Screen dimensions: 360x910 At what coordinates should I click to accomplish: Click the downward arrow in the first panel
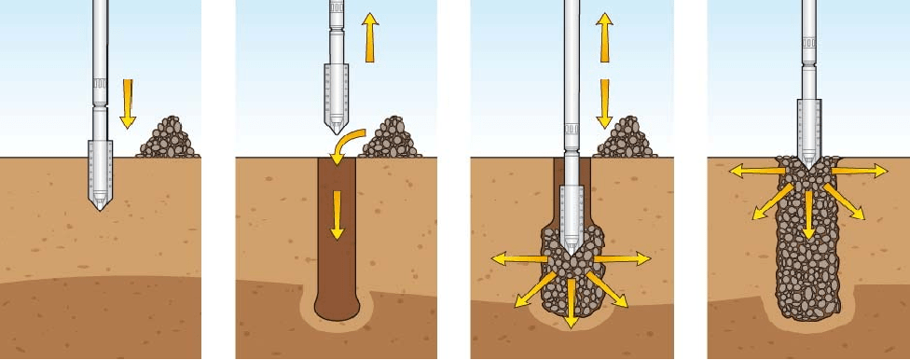(x=128, y=102)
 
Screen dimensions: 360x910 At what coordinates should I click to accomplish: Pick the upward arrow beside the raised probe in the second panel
(x=370, y=36)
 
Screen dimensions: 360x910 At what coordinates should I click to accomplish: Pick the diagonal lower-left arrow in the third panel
(x=529, y=291)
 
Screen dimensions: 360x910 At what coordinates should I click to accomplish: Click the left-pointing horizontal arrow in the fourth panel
(x=752, y=170)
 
